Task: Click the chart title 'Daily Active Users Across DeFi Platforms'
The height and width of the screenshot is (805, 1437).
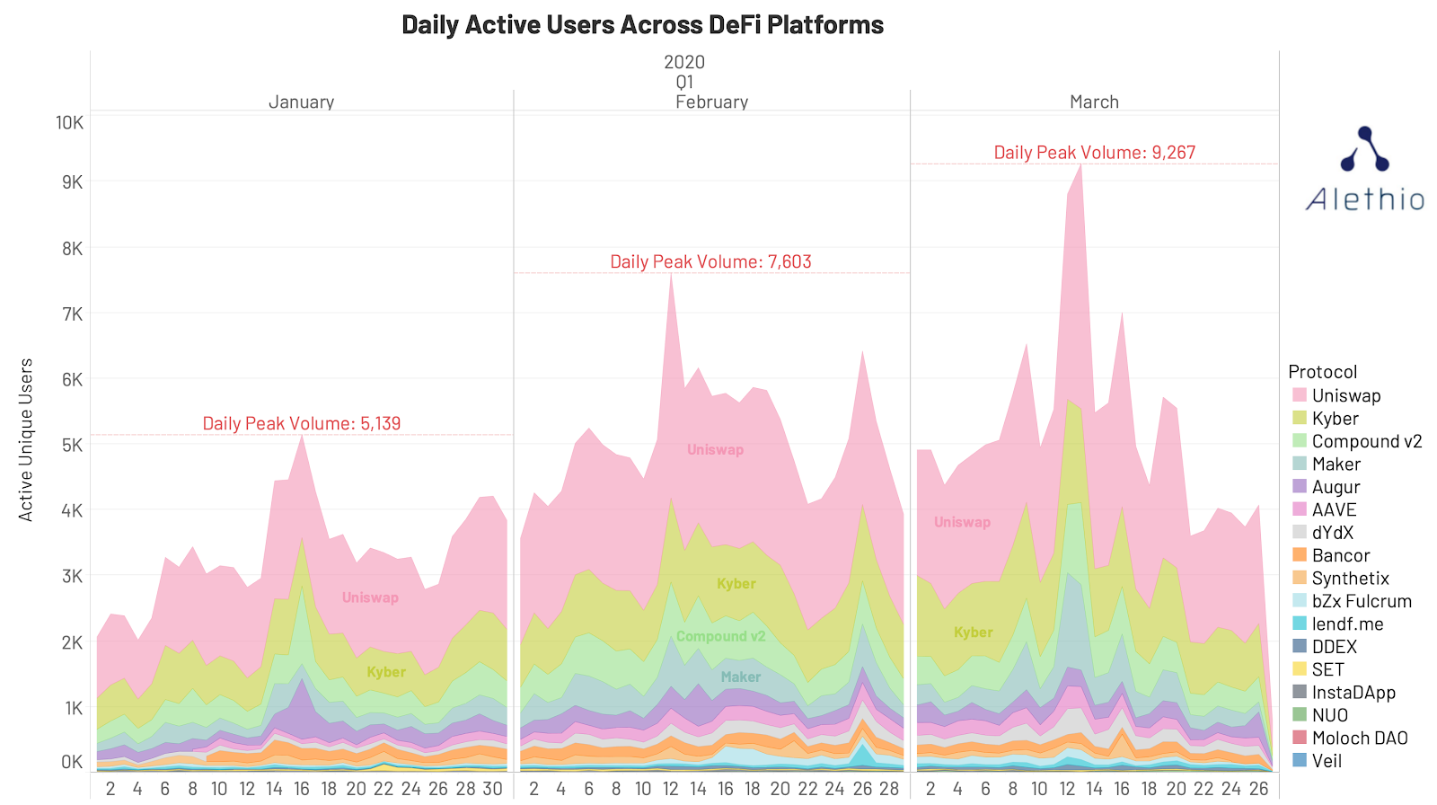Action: pos(642,25)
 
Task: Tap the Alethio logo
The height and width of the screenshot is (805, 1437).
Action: pos(1364,171)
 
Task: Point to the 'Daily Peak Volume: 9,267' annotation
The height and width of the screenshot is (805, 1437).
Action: pos(1094,153)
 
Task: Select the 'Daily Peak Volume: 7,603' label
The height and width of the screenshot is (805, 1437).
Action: pos(710,262)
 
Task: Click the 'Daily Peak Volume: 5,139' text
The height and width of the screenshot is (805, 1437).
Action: pos(301,424)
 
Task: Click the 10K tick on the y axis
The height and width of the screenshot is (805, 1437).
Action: pos(69,123)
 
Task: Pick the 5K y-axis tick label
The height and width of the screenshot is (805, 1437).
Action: pos(72,446)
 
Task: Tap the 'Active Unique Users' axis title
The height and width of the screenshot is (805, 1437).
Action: pos(26,439)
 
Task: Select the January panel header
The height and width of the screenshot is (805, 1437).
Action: pos(301,102)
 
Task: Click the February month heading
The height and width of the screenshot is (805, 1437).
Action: pos(711,102)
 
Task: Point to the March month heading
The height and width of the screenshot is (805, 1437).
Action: pos(1094,102)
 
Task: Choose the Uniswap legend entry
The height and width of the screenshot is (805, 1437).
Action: pos(1345,396)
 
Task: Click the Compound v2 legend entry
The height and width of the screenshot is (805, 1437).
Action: pos(1366,442)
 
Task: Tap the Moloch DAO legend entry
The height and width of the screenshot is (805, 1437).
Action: pos(1359,739)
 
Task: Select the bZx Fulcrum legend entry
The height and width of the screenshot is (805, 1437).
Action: pos(1361,602)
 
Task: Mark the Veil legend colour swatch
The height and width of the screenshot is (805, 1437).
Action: pos(1300,761)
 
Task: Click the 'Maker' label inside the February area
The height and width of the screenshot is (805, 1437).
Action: pos(741,677)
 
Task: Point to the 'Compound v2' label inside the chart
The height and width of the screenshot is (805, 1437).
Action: pos(720,637)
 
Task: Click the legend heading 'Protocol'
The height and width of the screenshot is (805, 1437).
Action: pos(1322,372)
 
